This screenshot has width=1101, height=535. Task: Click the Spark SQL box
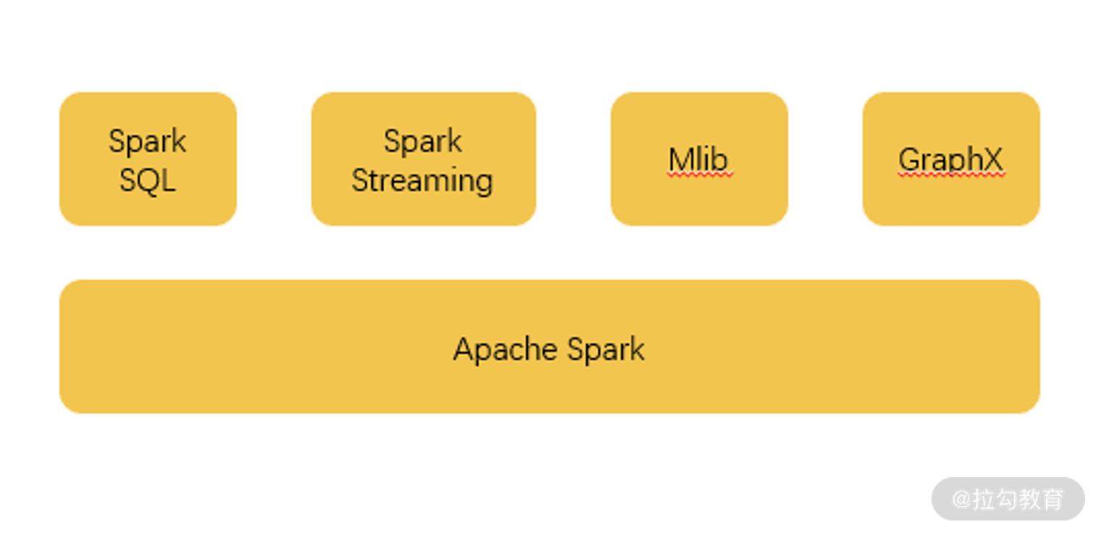148,159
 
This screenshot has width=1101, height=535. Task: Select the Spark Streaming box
423,159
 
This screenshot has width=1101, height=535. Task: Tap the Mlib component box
699,159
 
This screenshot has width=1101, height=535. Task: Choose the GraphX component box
951,159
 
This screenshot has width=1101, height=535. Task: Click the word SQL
148,180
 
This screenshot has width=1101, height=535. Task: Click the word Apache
505,350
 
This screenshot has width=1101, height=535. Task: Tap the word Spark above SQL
148,141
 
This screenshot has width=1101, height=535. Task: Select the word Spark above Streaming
423,141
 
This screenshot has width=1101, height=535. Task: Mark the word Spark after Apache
606,350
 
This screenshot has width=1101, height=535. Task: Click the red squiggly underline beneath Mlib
700,174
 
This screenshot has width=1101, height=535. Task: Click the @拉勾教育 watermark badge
1008,499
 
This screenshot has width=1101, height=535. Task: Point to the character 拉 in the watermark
982,499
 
